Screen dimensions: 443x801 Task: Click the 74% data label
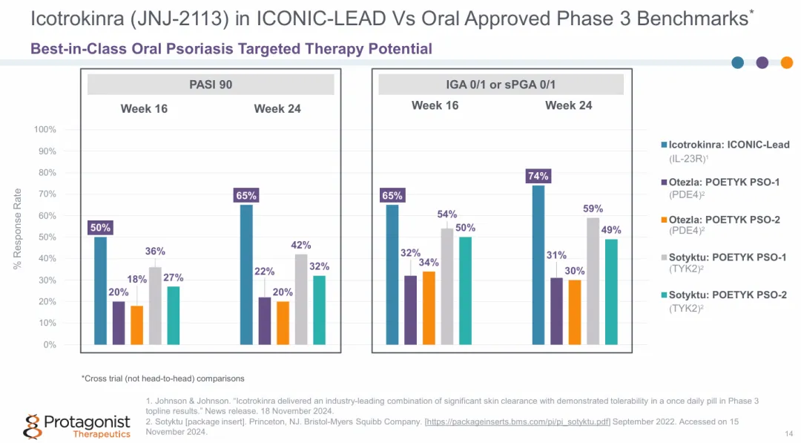pos(538,176)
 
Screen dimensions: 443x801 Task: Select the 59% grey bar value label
pos(593,209)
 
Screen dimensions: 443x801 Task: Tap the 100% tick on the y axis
pos(45,130)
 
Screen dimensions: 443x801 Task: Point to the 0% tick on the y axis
pos(48,345)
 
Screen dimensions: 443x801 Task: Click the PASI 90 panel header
pos(211,85)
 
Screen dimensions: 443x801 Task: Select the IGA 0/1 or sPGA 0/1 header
pos(501,85)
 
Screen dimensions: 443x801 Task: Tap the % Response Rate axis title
pos(18,229)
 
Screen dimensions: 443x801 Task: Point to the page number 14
pos(788,433)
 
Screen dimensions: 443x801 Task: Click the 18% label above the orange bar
pos(137,279)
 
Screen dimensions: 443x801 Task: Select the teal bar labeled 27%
pos(174,315)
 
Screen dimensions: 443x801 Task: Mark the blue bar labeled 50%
pos(100,291)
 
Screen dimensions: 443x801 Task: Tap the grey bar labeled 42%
pos(301,299)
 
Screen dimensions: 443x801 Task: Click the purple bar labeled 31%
pos(556,311)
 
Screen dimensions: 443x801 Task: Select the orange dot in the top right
pos(787,62)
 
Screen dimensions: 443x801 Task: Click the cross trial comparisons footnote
pos(162,378)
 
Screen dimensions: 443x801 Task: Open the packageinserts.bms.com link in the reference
pos(517,421)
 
